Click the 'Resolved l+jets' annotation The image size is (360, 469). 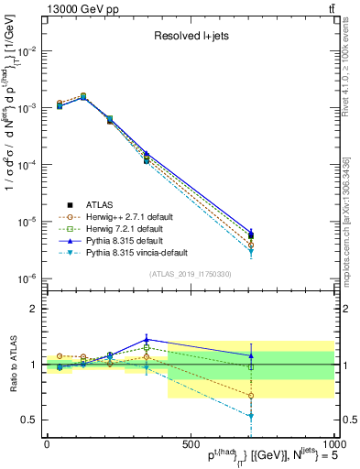coord(191,37)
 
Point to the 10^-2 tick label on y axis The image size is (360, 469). coord(27,51)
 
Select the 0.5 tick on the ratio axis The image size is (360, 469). coord(29,420)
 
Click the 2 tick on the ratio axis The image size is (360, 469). coord(33,309)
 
